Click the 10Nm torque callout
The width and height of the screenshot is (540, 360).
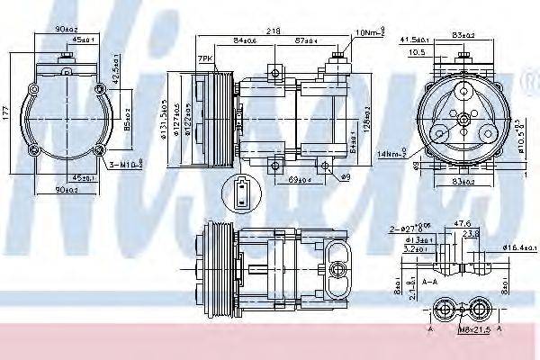point(370,33)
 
